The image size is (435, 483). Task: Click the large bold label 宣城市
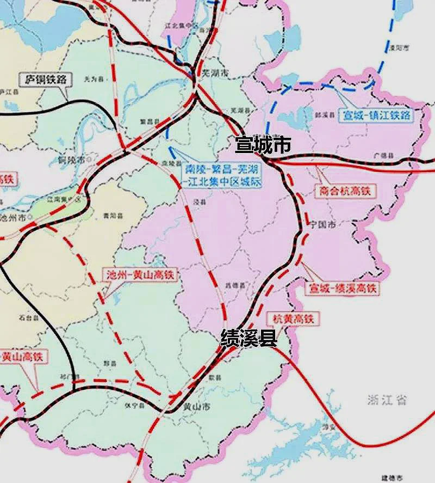tap(263, 145)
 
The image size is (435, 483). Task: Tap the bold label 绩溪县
tap(248, 339)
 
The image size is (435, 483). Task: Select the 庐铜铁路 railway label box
tap(46, 80)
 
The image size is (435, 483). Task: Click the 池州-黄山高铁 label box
tap(141, 276)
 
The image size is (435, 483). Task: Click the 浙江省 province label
tap(387, 400)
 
